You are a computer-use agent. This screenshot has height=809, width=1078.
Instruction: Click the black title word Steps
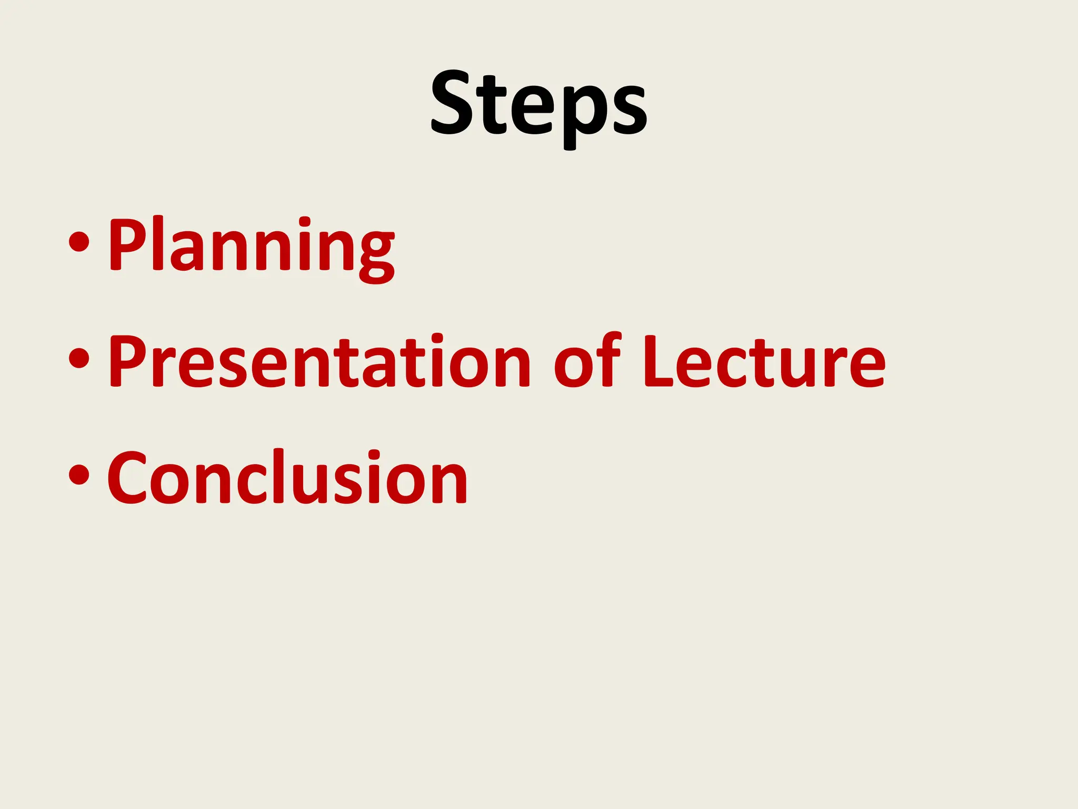pyautogui.click(x=539, y=105)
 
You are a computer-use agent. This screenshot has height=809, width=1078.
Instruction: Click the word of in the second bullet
pyautogui.click(x=587, y=363)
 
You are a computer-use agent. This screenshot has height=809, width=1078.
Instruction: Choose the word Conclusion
pyautogui.click(x=287, y=478)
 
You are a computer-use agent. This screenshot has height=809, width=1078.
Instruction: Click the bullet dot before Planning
pyautogui.click(x=79, y=243)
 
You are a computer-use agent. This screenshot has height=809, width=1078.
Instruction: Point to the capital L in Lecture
pyautogui.click(x=657, y=362)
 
